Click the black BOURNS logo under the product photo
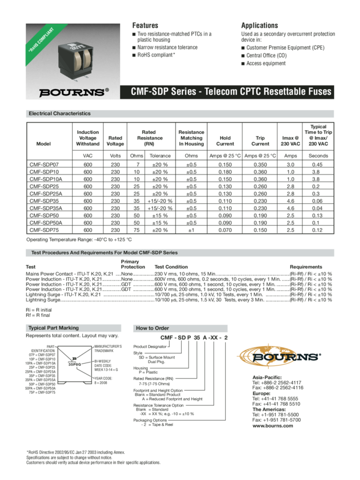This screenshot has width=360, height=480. tap(72, 90)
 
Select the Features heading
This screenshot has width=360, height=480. tap(145, 25)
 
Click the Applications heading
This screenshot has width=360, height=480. tap(260, 25)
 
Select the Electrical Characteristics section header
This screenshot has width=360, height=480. tap(59, 114)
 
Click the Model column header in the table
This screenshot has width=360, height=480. tap(43, 143)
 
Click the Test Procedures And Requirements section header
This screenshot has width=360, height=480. tap(104, 252)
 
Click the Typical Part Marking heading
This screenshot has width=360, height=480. tap(54, 328)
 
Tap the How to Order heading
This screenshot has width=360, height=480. tap(150, 328)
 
